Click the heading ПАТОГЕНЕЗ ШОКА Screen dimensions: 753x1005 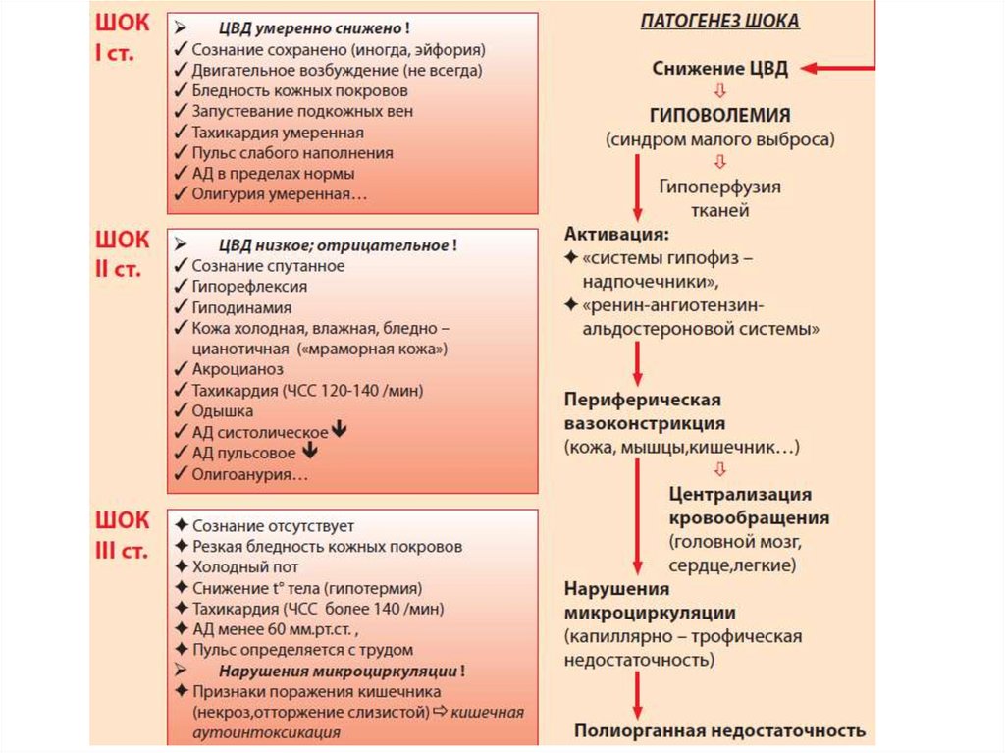(x=719, y=21)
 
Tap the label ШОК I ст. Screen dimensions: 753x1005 (x=123, y=37)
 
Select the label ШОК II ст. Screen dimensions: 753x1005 (x=123, y=252)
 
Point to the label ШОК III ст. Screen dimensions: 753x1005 (x=123, y=534)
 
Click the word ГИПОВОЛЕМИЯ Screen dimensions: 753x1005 (x=719, y=115)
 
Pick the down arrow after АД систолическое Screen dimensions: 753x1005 (x=340, y=431)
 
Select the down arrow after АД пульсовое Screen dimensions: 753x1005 (x=310, y=452)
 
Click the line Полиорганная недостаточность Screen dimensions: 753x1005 (x=719, y=730)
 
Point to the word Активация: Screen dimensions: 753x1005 (x=617, y=235)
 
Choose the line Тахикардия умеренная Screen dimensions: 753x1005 (x=278, y=132)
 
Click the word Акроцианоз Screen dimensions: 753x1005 (x=238, y=369)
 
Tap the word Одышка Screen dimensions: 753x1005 (x=223, y=410)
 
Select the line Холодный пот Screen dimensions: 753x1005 (x=245, y=566)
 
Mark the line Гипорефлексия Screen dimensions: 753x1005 (x=249, y=287)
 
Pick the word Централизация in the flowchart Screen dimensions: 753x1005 (x=740, y=494)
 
